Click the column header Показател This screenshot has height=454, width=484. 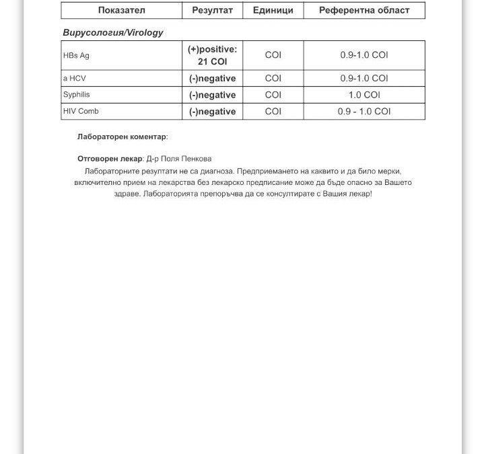tap(121, 10)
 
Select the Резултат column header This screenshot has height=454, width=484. tap(212, 10)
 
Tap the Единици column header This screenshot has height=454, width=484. tap(273, 10)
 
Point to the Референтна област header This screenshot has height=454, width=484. tap(364, 10)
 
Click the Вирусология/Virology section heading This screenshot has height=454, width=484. tap(112, 32)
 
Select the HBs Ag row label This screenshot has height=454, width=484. tap(76, 56)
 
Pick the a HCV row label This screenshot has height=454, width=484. tap(74, 78)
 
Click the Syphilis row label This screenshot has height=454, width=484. tap(76, 95)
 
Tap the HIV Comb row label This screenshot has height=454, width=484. tap(80, 112)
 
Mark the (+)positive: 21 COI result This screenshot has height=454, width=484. tap(212, 55)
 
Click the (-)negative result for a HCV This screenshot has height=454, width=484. tap(212, 79)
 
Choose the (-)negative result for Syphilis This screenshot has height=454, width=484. tap(212, 96)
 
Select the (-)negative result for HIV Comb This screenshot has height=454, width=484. tap(212, 112)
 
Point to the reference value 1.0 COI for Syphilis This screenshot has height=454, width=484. tap(364, 96)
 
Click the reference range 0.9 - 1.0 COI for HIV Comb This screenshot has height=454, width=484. tap(364, 112)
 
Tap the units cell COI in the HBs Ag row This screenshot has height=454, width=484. tap(273, 55)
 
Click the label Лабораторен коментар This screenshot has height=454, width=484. tap(122, 137)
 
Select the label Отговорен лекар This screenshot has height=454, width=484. tap(110, 159)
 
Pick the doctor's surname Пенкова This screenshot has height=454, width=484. tap(196, 159)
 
